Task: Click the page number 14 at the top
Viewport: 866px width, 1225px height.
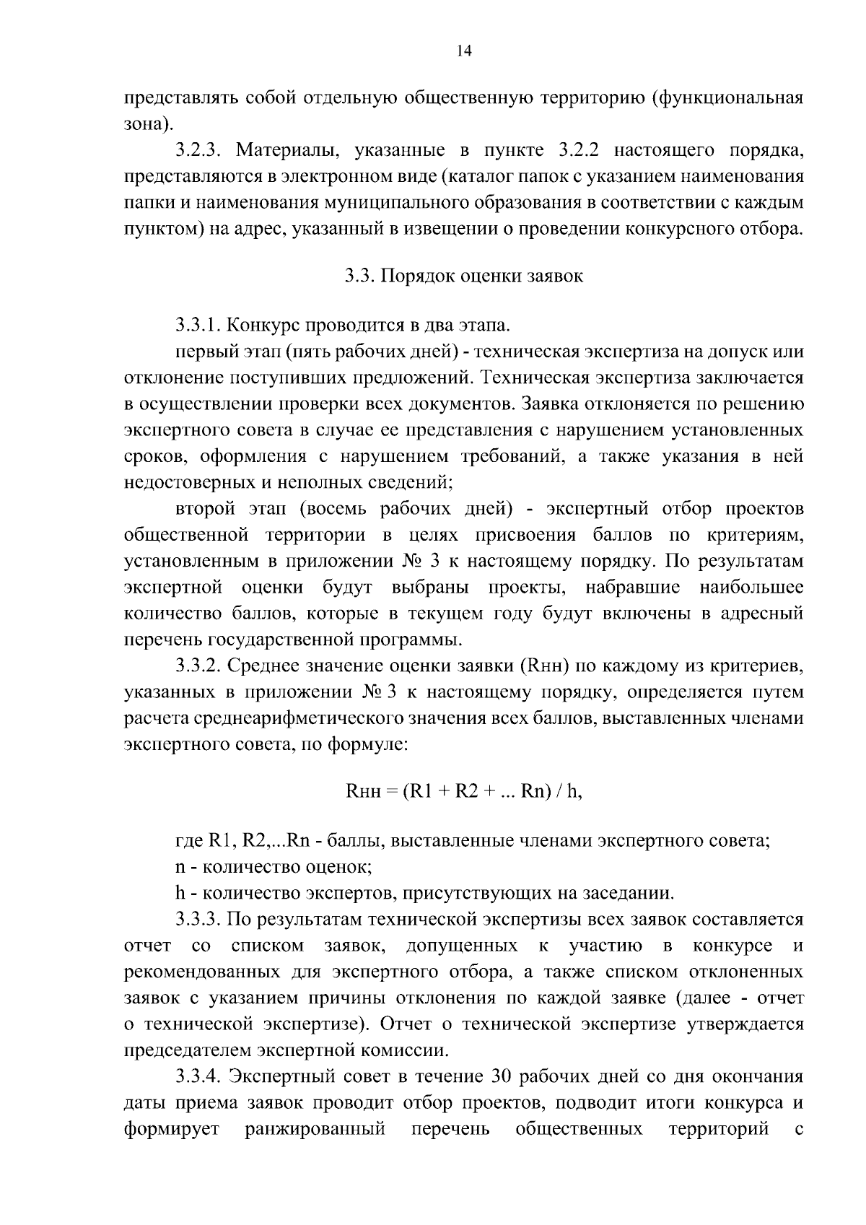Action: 464,51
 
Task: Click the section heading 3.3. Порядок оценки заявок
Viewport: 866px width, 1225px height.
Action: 464,276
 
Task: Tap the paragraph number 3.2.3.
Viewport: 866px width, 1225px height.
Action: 201,151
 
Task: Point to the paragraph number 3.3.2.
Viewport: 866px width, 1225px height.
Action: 201,666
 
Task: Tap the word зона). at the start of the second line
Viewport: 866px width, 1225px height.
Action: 148,124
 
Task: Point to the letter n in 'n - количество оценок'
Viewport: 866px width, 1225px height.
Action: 180,868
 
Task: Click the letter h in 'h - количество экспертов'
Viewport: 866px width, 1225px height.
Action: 180,893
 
